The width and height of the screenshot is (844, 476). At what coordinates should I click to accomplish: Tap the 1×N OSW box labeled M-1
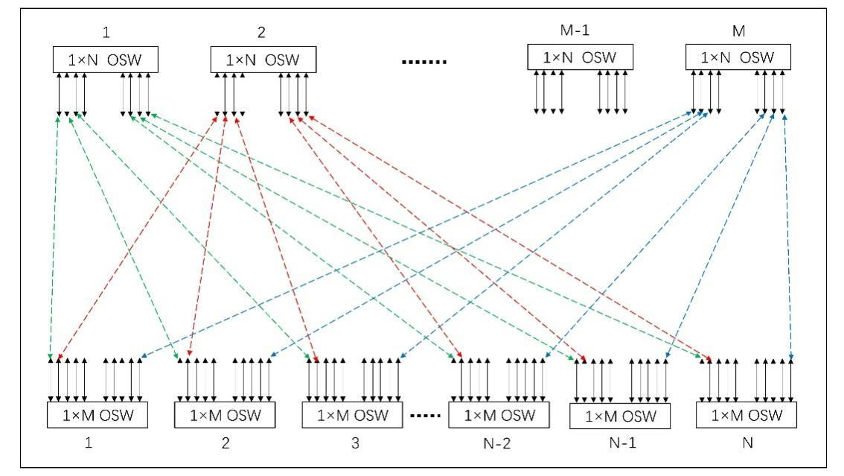(580, 57)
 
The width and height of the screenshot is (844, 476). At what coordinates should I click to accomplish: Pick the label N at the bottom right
(747, 443)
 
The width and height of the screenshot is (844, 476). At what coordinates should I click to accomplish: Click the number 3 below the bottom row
(354, 443)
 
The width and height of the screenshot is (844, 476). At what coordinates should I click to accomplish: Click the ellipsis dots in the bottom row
(427, 415)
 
